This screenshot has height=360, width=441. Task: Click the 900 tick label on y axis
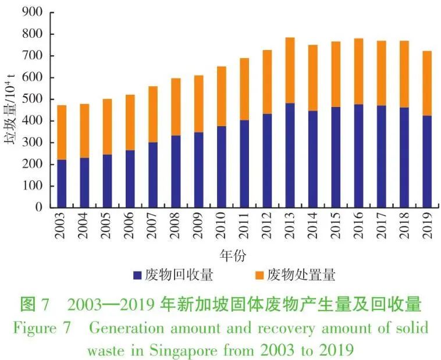coord(33,12)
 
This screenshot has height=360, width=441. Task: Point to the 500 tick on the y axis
coord(33,99)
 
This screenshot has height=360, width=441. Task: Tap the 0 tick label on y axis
coord(39,208)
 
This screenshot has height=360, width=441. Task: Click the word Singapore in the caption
coord(197,351)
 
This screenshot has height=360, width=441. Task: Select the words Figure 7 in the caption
coord(41,327)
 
